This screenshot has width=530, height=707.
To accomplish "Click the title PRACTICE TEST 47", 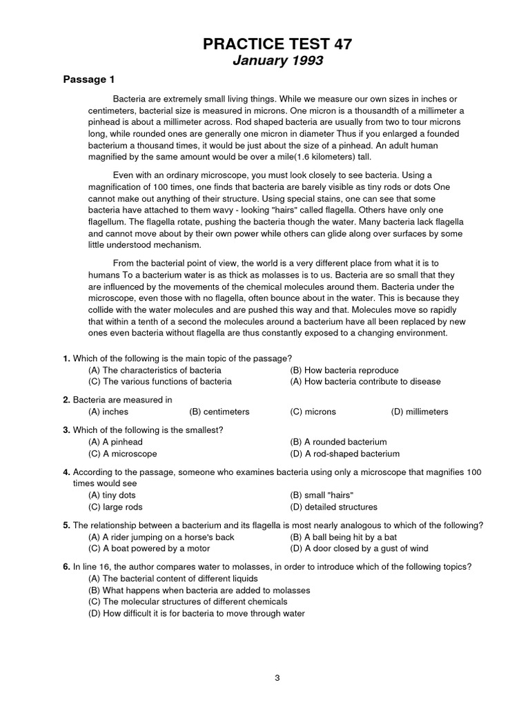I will [x=277, y=45].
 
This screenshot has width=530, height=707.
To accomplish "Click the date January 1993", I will [x=277, y=61].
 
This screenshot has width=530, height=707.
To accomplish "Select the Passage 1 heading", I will [x=89, y=79].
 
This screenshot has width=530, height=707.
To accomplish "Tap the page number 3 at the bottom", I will [x=277, y=658].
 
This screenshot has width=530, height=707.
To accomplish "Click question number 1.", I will [x=66, y=358].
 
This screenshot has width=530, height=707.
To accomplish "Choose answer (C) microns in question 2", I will [x=313, y=411].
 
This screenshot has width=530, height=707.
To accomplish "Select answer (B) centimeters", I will [x=219, y=411].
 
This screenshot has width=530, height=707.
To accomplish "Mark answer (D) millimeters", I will [x=419, y=411].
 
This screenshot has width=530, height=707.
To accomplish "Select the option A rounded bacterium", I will [x=338, y=442].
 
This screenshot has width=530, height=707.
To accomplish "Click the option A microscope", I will [x=122, y=454].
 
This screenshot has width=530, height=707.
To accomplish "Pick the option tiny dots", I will [x=112, y=496].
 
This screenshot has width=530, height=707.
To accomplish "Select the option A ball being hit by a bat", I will [x=343, y=537].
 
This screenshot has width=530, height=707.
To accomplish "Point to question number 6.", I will [x=66, y=566].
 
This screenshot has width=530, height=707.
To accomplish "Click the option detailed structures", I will [x=335, y=507].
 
